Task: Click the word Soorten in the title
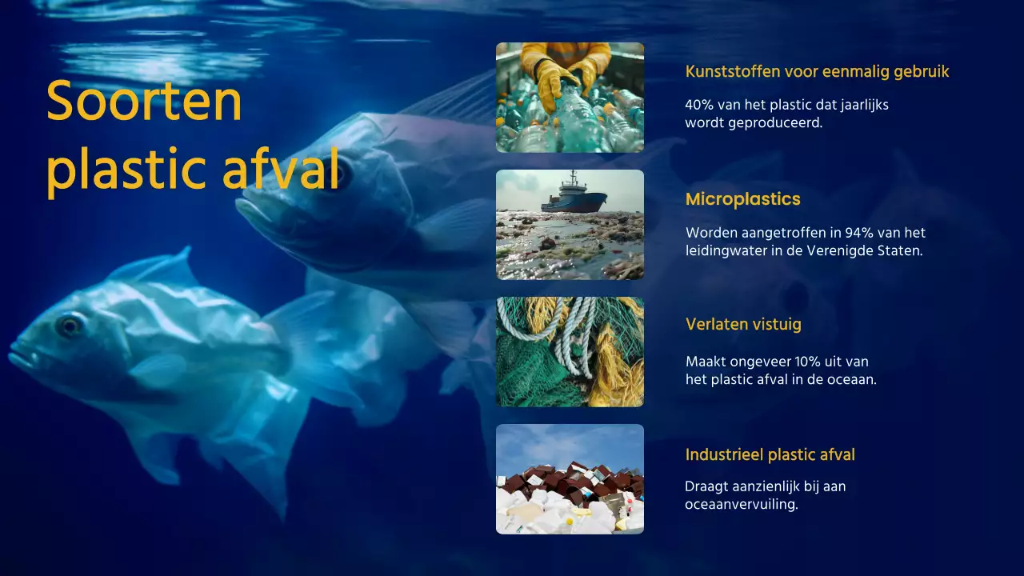coord(144,102)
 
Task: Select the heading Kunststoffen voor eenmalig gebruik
coord(817,71)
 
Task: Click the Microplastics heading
coord(742,199)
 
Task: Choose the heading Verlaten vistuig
coord(742,324)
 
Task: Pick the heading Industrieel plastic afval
coord(770,454)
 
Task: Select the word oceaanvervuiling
coord(741,505)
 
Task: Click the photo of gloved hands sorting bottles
coord(570,97)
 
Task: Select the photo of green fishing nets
coord(570,352)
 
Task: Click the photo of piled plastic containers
coord(570,479)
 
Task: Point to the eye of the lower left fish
coord(70,324)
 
